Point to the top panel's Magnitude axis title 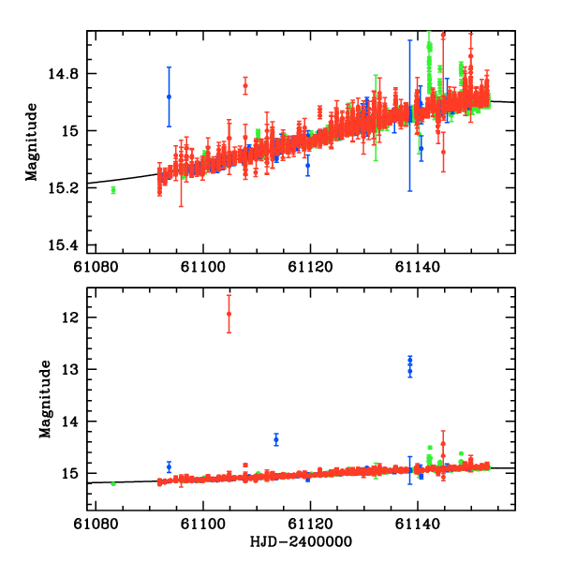[32, 142]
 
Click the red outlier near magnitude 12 [229, 313]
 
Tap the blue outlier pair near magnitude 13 [410, 365]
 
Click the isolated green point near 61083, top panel [113, 190]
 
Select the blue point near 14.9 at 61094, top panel [169, 96]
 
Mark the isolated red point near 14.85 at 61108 [245, 86]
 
